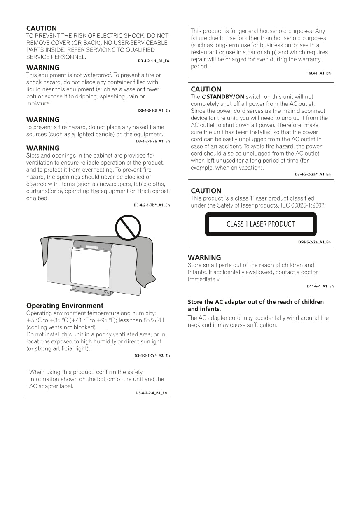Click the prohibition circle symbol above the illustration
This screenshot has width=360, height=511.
pos(128,227)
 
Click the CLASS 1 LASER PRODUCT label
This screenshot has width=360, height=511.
pos(260,224)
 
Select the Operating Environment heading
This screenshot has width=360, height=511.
pos(65,306)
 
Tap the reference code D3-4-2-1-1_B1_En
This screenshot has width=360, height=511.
pos(153,61)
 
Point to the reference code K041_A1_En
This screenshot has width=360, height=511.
pos(319,73)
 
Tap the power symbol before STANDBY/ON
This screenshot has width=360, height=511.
pos(203,97)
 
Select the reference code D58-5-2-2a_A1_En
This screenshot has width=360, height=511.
pos(314,243)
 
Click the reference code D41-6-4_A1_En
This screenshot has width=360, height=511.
pos(320,286)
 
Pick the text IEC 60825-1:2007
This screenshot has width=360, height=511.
pos(303,205)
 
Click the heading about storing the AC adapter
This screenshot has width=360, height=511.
pos(255,305)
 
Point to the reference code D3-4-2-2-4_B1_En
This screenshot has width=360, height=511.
pos(151,393)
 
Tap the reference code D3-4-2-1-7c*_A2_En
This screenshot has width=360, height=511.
pos(152,355)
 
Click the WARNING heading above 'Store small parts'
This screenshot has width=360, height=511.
pos(204,258)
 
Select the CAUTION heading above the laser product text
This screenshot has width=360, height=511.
pos(206,191)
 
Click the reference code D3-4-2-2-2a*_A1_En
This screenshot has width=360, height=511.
pos(312,174)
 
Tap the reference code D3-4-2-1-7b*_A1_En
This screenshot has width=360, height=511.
pos(151,205)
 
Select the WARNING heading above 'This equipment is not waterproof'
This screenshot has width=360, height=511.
pos(43,68)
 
